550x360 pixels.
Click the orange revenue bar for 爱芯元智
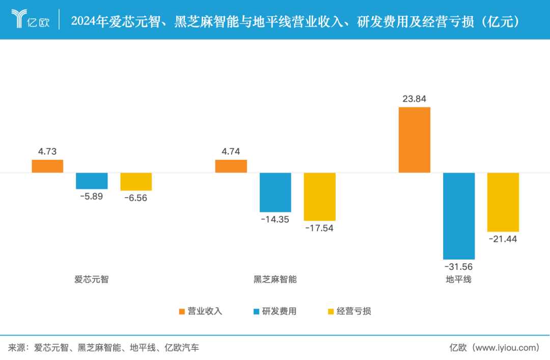[x=47, y=166]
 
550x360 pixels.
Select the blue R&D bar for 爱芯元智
[x=92, y=181]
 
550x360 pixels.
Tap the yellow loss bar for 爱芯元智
[x=136, y=182]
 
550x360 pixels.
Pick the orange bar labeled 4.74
[x=231, y=166]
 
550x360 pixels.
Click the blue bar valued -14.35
[x=275, y=192]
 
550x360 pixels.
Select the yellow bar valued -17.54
[x=319, y=197]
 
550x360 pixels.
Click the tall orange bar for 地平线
[x=414, y=140]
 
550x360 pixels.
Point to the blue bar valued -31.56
[x=459, y=216]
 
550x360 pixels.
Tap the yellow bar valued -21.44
[x=503, y=202]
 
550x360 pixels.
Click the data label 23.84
[x=414, y=99]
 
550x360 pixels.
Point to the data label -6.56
[x=135, y=198]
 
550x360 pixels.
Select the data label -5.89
[x=91, y=196]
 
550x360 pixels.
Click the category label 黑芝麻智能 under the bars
[x=275, y=280]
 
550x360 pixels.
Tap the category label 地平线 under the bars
[x=458, y=280]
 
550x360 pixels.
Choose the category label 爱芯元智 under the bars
[x=92, y=280]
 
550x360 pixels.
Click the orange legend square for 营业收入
[x=182, y=311]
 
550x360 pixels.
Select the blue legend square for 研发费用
[x=256, y=311]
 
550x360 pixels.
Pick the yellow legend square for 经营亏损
[x=331, y=311]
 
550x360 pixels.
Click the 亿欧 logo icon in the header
[x=20, y=19]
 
